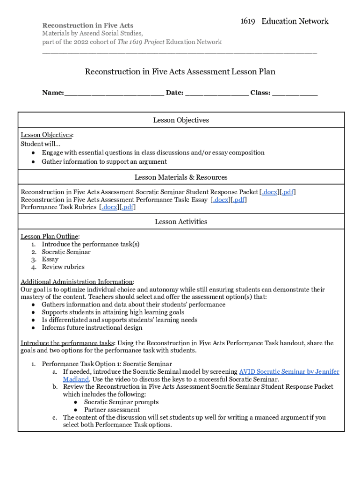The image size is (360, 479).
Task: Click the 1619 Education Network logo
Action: tap(284, 21)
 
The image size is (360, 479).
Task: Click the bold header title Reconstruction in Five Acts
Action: tap(88, 25)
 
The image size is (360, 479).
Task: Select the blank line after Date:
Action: tap(216, 93)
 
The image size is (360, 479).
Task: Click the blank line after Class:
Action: tap(295, 93)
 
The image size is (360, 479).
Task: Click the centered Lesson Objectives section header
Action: tap(181, 120)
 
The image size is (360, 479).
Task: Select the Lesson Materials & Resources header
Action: tap(181, 177)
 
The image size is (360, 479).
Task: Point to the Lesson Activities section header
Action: tap(181, 222)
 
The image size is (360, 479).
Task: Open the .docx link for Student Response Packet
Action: tap(270, 192)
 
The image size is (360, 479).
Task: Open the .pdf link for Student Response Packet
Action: tap(287, 192)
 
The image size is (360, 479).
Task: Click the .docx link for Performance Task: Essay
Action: tap(221, 200)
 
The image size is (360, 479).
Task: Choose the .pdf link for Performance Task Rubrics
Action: tap(128, 207)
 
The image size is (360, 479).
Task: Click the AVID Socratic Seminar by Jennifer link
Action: tap(289, 372)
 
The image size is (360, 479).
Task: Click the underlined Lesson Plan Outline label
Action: tap(50, 237)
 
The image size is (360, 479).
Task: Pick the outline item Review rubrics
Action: tap(63, 267)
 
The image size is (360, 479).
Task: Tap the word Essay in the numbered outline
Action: tap(50, 260)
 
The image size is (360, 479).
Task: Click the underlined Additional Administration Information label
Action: tap(77, 282)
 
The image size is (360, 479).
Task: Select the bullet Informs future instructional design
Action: tap(92, 328)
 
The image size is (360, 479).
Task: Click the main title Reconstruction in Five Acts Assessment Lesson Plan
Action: tap(180, 72)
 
